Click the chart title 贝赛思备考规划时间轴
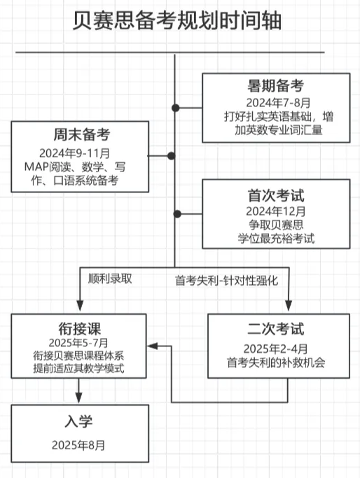click(x=177, y=21)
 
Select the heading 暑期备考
click(x=276, y=86)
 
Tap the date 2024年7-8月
click(x=278, y=103)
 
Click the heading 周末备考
click(x=82, y=135)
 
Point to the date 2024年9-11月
click(x=74, y=153)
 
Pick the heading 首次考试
click(x=276, y=195)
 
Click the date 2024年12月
click(x=276, y=211)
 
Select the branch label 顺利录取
click(x=110, y=279)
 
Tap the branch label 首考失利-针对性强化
click(x=227, y=281)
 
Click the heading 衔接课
click(x=80, y=329)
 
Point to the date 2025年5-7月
click(x=78, y=343)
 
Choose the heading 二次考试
click(x=276, y=329)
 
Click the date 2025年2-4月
click(x=275, y=349)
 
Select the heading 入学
click(x=78, y=422)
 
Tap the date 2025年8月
click(x=78, y=445)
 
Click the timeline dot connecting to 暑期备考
click(x=175, y=108)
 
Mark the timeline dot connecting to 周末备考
click(x=172, y=156)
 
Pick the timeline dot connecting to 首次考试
click(x=177, y=213)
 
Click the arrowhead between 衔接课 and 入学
click(x=78, y=398)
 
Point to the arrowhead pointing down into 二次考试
click(x=289, y=305)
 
